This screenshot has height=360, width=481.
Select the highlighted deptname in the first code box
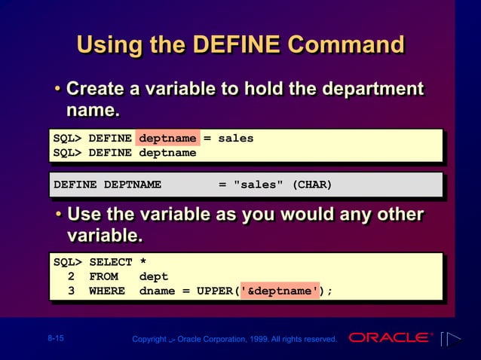[167, 139]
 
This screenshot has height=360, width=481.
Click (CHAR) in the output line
[311, 185]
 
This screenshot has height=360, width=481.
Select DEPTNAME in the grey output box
[132, 185]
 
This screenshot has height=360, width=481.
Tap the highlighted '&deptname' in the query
[279, 291]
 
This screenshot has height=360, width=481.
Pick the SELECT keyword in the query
[110, 262]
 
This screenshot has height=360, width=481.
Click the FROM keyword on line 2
[103, 276]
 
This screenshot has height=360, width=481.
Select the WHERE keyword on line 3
[107, 291]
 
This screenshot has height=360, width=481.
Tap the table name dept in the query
[154, 276]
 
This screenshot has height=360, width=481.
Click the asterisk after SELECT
[143, 263]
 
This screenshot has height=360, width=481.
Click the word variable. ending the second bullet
[104, 236]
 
